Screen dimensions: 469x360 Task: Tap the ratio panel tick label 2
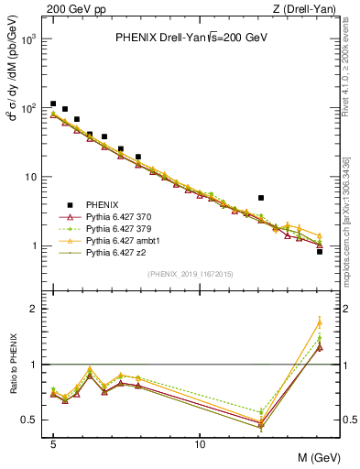tap(33, 309)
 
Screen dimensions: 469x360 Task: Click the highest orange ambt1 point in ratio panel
tap(319, 322)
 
